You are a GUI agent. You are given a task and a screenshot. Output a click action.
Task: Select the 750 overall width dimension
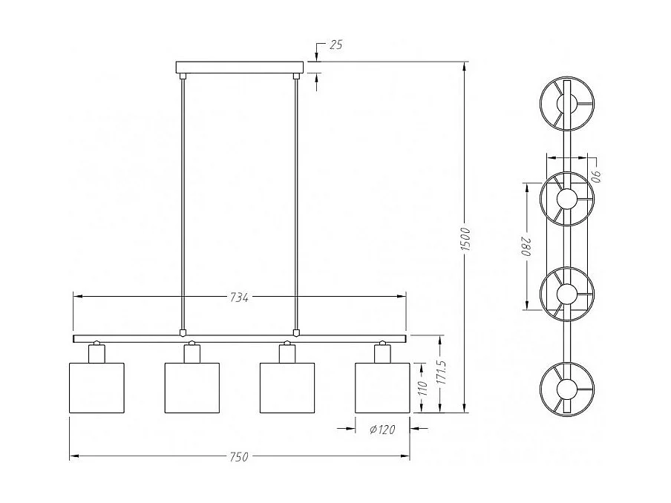(x=238, y=457)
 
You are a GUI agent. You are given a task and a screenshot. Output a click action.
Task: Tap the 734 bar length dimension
(x=238, y=297)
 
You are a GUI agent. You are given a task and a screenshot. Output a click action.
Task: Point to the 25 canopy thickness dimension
(x=335, y=46)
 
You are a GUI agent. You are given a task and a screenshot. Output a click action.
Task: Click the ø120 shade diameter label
(x=382, y=428)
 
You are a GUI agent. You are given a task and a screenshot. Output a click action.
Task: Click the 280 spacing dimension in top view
(x=530, y=246)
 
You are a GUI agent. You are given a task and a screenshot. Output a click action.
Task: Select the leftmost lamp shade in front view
(x=96, y=387)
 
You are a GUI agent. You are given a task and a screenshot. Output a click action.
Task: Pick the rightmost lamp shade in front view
(x=382, y=387)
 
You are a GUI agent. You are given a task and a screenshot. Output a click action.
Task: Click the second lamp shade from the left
(x=191, y=387)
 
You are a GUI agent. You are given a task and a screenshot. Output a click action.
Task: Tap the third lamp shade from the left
(x=287, y=387)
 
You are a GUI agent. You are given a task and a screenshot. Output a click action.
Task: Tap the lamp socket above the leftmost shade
(x=95, y=352)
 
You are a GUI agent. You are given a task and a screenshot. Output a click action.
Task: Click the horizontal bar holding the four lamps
(x=239, y=338)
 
